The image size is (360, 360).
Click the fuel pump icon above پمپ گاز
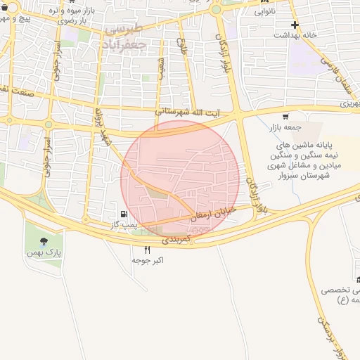124,214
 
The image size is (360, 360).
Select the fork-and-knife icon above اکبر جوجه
147,250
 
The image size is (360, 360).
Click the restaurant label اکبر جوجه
148,261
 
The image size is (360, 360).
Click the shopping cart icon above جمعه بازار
285,117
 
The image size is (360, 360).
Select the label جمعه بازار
285,128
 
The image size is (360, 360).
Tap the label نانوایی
269,11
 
